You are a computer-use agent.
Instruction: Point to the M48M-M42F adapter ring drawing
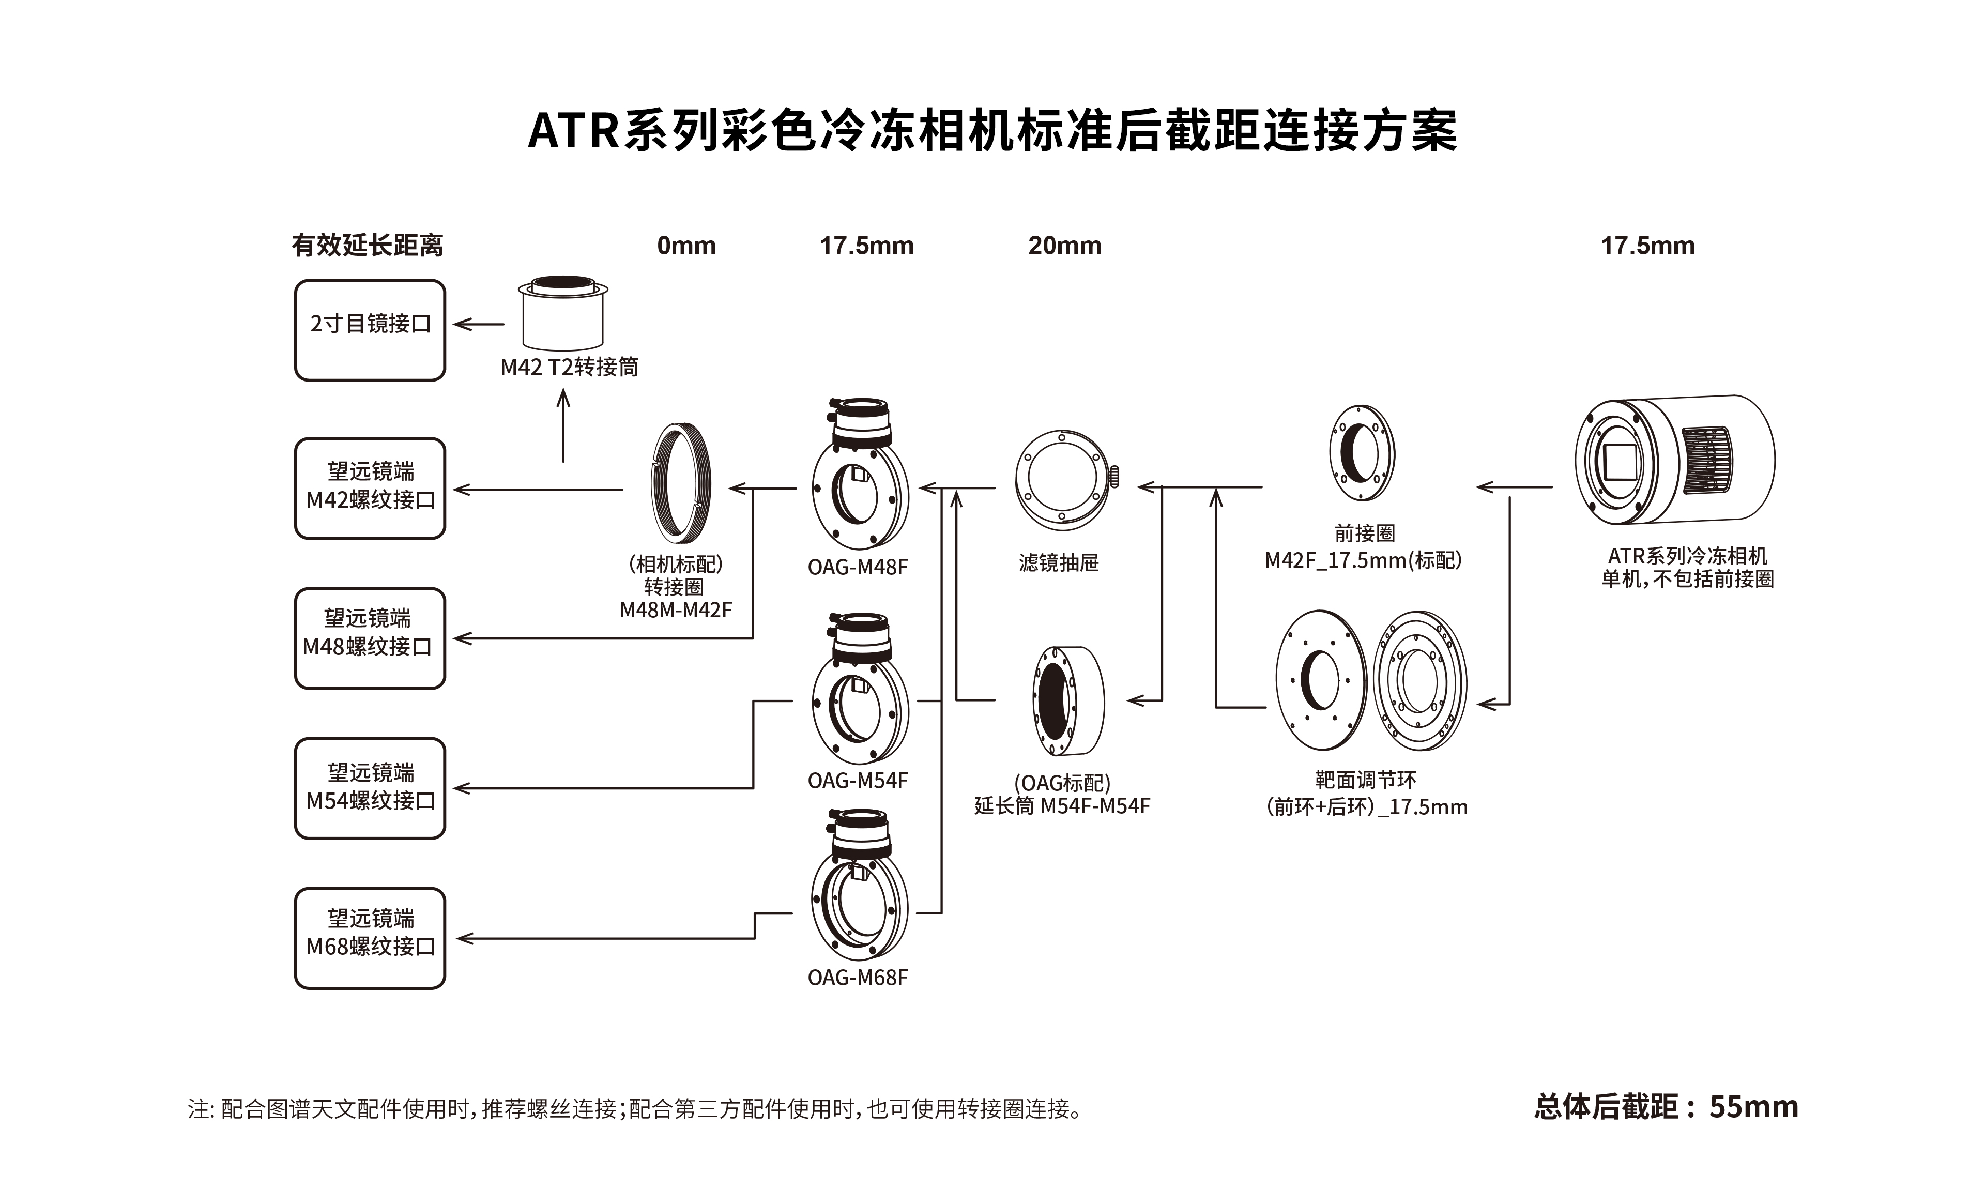[x=680, y=483]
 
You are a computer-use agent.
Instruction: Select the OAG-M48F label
[x=857, y=567]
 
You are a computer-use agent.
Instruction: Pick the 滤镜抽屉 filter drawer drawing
[x=1064, y=479]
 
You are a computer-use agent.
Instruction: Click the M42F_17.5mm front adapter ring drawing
[x=1361, y=453]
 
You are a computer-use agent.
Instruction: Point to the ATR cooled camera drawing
[x=1674, y=461]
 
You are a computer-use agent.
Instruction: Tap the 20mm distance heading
[x=1064, y=246]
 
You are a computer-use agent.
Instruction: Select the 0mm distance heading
[x=685, y=246]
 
